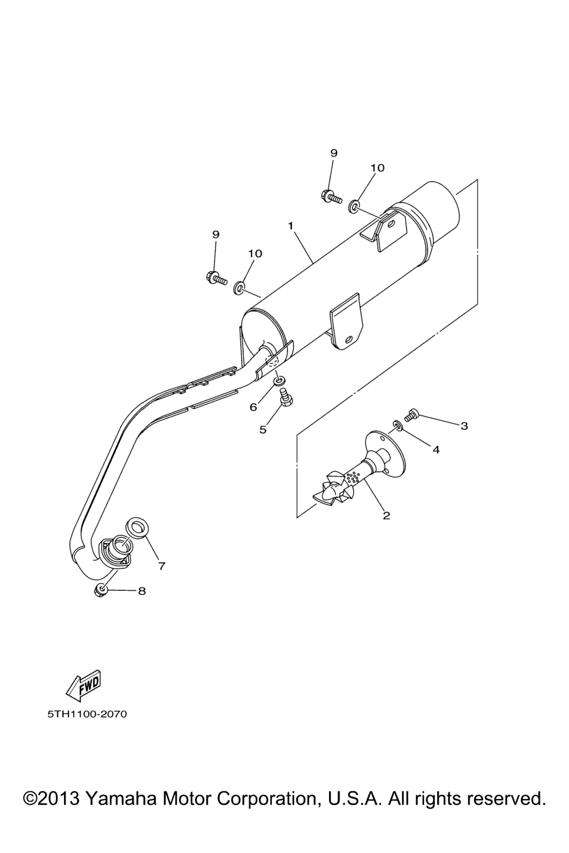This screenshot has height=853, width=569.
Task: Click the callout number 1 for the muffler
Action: point(291,226)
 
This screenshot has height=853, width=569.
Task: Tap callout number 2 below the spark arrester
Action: point(386,515)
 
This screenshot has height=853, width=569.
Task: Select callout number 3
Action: point(464,426)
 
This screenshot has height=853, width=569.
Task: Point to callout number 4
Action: point(436,450)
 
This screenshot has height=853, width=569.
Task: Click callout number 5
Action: point(263,429)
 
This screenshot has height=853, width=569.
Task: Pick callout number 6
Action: point(253,407)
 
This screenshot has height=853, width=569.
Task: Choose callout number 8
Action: point(142,601)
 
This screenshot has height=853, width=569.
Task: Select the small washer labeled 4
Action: point(397,425)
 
